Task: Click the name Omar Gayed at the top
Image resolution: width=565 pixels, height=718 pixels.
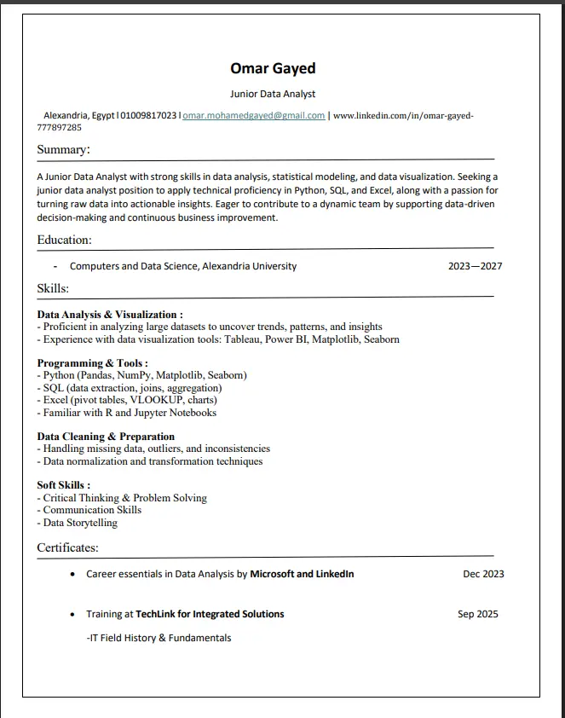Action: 273,68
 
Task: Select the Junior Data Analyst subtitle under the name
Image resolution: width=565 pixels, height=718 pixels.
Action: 273,94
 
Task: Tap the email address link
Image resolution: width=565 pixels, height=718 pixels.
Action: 254,115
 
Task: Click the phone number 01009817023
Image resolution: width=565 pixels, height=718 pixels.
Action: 149,115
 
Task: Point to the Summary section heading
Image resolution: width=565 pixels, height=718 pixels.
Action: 63,150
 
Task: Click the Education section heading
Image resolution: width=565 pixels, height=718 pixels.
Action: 64,240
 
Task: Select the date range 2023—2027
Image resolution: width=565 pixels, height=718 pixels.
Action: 475,266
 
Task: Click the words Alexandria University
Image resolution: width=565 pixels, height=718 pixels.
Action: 249,266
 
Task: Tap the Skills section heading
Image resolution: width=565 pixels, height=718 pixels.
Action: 53,289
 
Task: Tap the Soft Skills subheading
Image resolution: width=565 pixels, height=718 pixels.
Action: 64,485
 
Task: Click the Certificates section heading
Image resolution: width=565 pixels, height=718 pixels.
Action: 67,547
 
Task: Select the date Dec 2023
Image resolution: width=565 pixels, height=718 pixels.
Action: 483,574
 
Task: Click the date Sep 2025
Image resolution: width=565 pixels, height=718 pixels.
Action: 477,614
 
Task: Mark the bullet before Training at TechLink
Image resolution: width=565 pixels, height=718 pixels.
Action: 73,615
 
